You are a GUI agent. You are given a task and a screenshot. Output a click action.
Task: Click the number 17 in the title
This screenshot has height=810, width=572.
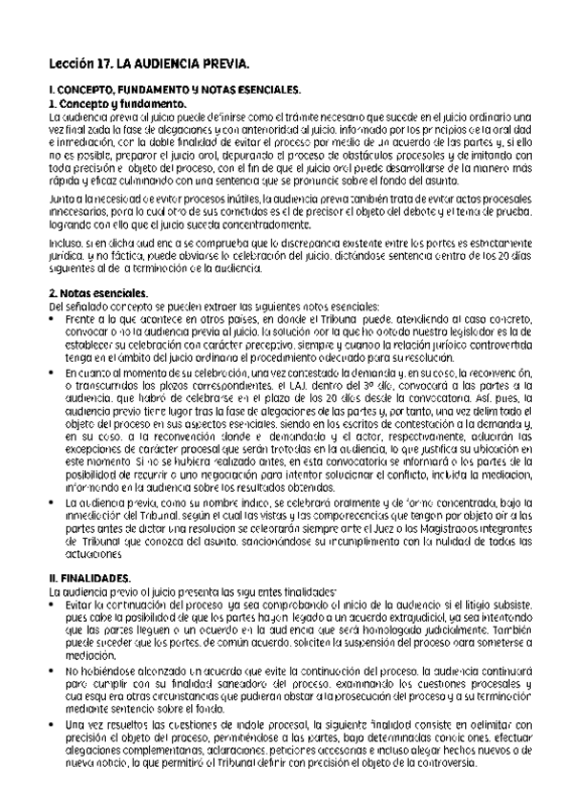click(98, 66)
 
